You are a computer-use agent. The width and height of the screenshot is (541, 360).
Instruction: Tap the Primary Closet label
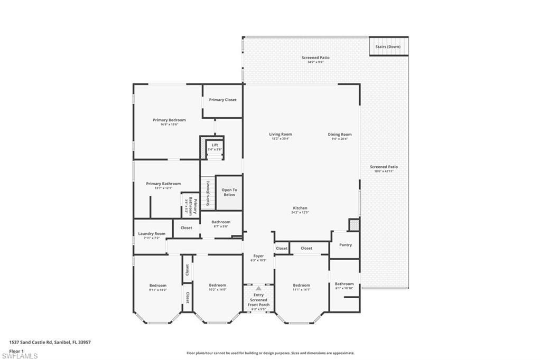(222, 100)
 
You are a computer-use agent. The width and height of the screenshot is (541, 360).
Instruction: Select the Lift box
(214, 147)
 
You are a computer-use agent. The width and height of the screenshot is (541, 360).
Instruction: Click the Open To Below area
(229, 192)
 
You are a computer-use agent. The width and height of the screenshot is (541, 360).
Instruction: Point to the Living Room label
(280, 135)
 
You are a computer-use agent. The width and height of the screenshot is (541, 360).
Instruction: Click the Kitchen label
(300, 208)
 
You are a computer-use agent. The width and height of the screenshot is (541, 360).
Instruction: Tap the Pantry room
(345, 245)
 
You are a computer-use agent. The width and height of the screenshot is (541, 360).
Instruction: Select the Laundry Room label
(152, 234)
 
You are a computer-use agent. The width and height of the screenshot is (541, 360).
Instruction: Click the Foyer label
(258, 256)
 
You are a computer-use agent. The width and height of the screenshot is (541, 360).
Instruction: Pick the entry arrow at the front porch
(258, 289)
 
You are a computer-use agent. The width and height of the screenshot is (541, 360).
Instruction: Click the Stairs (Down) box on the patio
(388, 46)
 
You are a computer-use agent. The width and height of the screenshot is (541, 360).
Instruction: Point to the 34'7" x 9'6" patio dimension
(315, 62)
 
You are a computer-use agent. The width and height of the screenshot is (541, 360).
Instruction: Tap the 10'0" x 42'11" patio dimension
(384, 171)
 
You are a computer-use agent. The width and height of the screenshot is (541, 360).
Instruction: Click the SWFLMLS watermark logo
(20, 356)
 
